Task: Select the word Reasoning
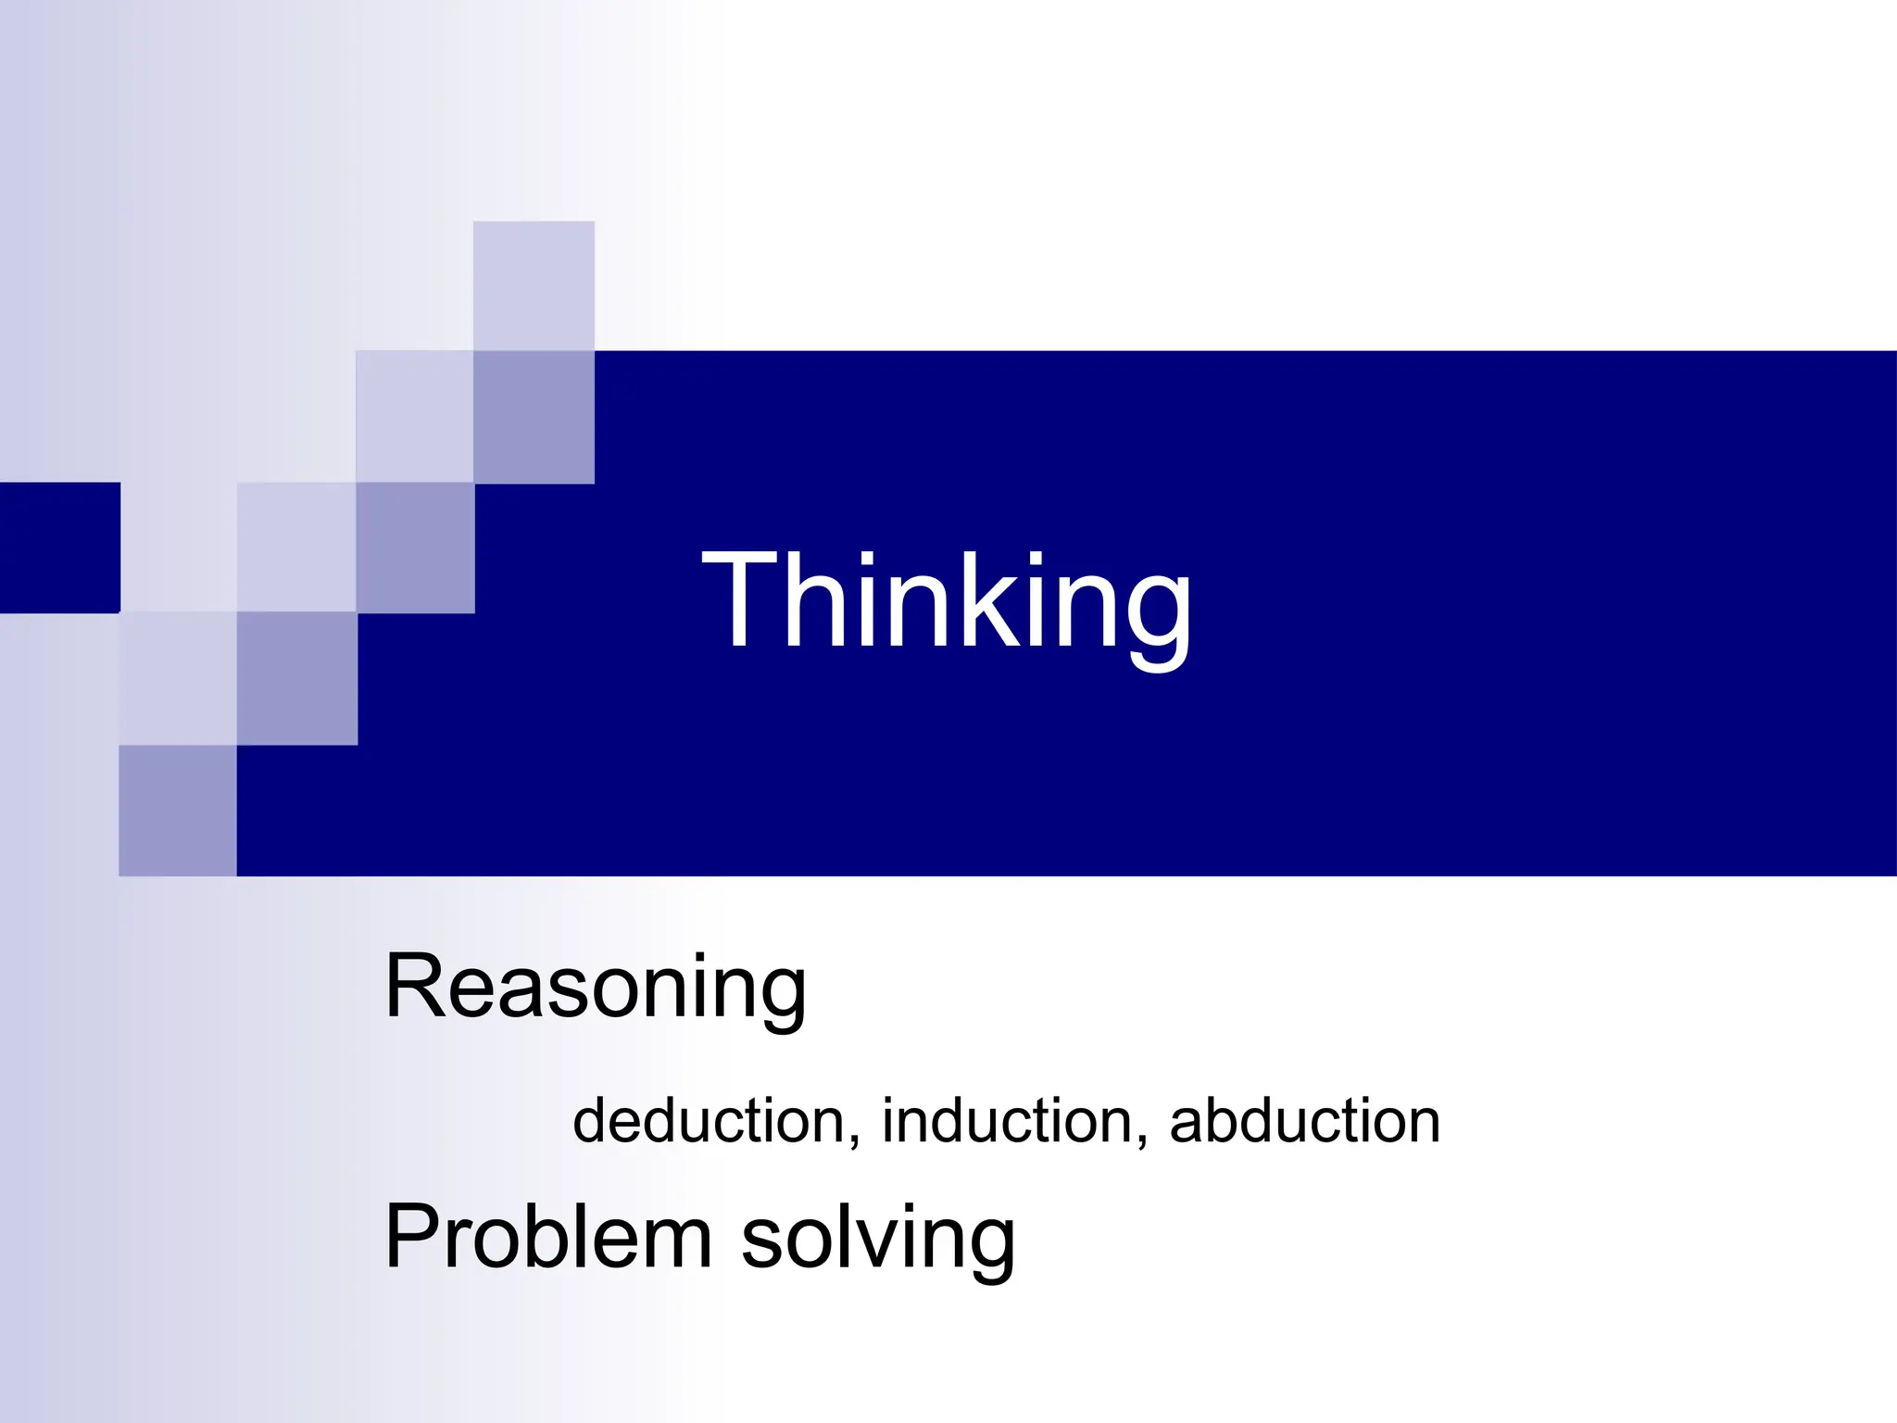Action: click(596, 988)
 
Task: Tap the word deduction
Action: click(709, 1121)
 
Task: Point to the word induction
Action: click(1008, 1121)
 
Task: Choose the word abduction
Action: click(1304, 1121)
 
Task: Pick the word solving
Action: click(877, 1239)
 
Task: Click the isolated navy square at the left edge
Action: click(59, 548)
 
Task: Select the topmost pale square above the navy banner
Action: click(534, 285)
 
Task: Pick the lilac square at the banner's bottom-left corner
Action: click(178, 811)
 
